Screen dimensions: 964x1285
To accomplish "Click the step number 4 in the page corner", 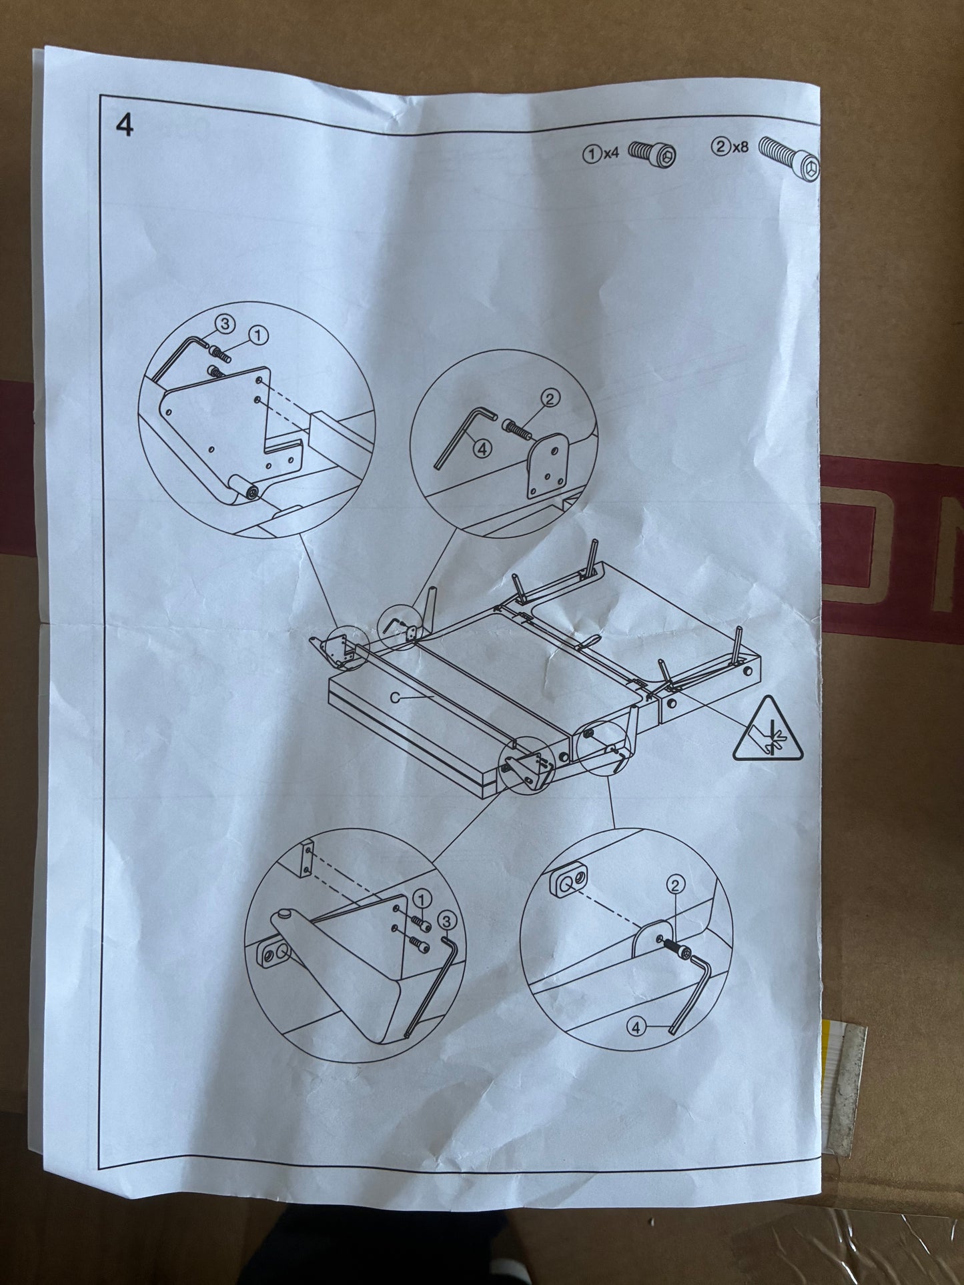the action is click(125, 125).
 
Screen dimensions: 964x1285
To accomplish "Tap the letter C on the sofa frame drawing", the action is click(395, 697).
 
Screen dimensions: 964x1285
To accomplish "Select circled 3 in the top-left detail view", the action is click(225, 324).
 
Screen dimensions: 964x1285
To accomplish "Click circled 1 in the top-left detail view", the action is click(258, 335).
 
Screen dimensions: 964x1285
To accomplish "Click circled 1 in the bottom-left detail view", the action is click(422, 897).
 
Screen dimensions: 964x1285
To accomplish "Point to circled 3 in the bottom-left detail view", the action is click(446, 921).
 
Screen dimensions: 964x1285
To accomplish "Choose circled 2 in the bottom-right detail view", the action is click(676, 885).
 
